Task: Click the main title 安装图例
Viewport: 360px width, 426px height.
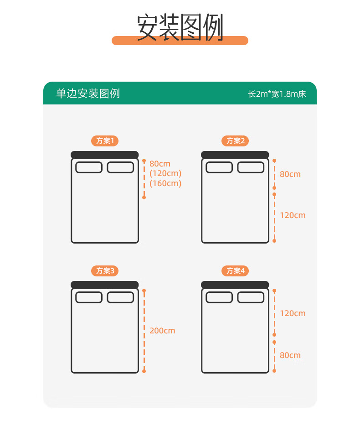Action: pos(180,27)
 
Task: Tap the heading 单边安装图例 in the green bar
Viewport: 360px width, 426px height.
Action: pos(88,94)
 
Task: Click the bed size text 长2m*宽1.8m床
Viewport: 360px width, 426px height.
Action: pos(277,94)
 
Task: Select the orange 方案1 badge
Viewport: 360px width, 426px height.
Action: pos(105,141)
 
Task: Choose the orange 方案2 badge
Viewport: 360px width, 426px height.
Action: pos(235,141)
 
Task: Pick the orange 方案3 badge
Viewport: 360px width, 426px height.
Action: pos(105,271)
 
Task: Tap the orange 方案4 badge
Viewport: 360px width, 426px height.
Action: pos(235,271)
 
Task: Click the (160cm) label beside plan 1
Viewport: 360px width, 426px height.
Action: pos(165,183)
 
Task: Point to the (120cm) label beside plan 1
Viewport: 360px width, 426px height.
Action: pos(165,173)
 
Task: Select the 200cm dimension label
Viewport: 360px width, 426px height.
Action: pos(162,331)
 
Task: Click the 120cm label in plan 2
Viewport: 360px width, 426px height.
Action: pos(293,215)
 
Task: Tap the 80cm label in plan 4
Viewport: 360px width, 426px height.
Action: pos(290,355)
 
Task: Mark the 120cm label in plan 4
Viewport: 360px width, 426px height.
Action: pos(293,313)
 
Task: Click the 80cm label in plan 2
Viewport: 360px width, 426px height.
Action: pos(290,174)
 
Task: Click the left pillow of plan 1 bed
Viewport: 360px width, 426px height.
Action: pos(89,167)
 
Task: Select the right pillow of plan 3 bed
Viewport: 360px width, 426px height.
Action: pos(120,297)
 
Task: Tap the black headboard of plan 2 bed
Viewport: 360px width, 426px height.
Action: pos(235,155)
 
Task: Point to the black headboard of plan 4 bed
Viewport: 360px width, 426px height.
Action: pos(235,285)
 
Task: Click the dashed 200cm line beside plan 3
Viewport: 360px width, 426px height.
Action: pos(144,331)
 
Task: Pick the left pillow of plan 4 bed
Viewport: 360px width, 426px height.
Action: pos(219,297)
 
